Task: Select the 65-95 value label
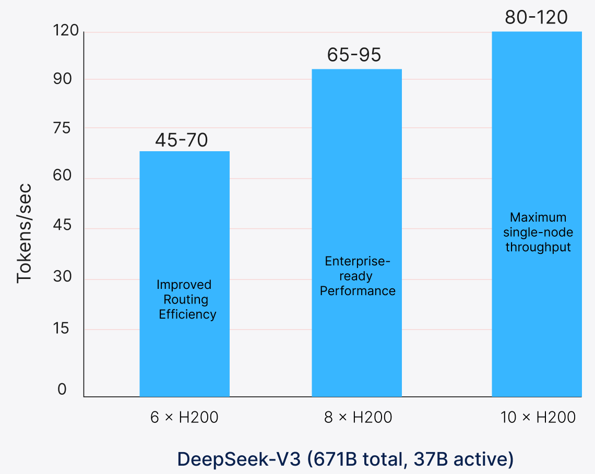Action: [354, 55]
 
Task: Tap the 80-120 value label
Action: [536, 18]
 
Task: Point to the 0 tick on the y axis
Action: [62, 390]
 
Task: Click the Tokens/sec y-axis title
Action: [24, 233]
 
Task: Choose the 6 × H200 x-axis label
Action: [184, 418]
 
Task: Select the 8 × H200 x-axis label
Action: [358, 418]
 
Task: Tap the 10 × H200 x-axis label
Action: [538, 418]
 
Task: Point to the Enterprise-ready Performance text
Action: [358, 275]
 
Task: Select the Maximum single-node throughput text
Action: [538, 232]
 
